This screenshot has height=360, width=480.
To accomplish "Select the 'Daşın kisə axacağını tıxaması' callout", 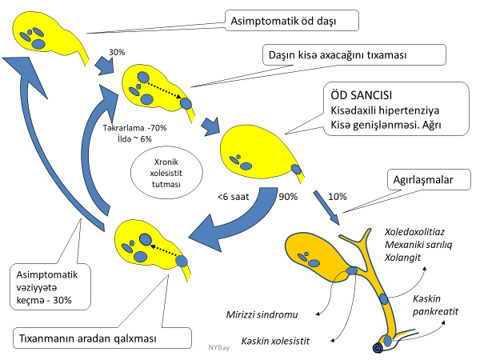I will pyautogui.click(x=353, y=55).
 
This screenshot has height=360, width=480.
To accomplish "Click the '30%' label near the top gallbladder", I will pyautogui.click(x=117, y=52).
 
